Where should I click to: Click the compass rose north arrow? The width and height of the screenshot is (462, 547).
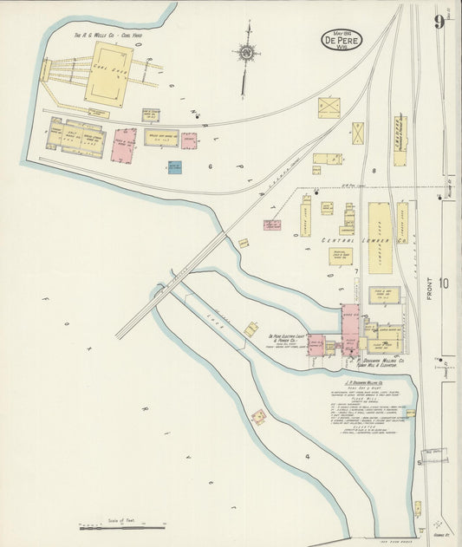coord(247,53)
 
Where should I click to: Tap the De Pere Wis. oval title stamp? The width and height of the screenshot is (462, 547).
coord(342,39)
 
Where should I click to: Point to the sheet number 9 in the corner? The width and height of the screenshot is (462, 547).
coord(439,22)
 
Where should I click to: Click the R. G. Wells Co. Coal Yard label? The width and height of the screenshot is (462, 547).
coord(107,36)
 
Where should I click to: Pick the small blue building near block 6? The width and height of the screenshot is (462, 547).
coord(175,167)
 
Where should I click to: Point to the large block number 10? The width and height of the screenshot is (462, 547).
coord(444,283)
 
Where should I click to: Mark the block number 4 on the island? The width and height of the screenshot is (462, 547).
coord(306,456)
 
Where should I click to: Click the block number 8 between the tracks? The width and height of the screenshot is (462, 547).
coord(374,171)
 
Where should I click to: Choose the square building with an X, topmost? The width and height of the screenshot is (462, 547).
coord(329,107)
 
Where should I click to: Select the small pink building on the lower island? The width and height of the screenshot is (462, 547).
coord(258,417)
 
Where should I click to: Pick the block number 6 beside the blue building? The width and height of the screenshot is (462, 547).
coord(210,166)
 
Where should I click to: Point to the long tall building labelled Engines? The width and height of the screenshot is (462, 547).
coord(400,140)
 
